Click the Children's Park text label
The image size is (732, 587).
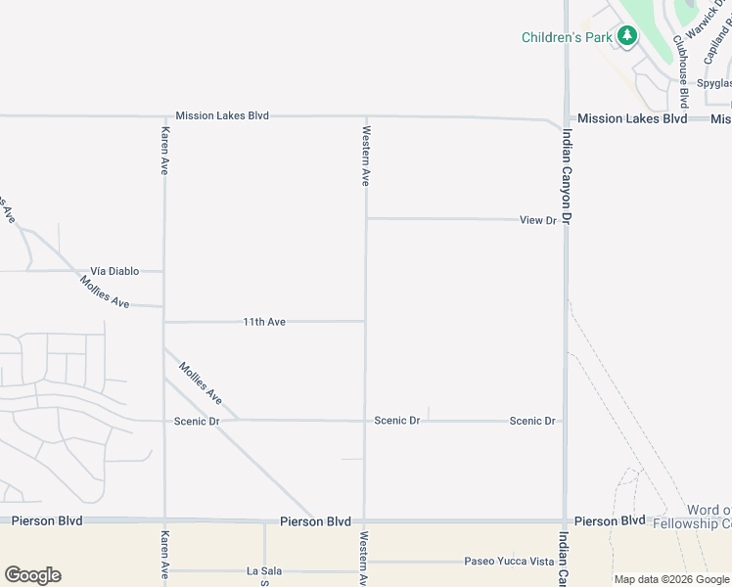click(x=567, y=37)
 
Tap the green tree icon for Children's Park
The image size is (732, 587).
click(x=626, y=37)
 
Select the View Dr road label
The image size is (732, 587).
click(x=537, y=220)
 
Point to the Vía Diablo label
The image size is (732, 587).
click(x=114, y=271)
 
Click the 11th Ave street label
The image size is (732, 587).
click(x=264, y=322)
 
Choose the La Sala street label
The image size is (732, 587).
click(x=264, y=571)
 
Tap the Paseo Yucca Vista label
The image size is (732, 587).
click(x=508, y=562)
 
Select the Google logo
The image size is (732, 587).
click(x=32, y=575)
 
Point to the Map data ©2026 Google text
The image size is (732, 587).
click(x=671, y=579)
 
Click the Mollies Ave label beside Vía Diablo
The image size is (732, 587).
click(x=106, y=293)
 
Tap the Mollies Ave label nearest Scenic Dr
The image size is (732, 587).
click(x=201, y=383)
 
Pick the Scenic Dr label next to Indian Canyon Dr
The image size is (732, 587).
click(x=532, y=421)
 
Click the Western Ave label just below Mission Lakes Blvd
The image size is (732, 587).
click(x=366, y=156)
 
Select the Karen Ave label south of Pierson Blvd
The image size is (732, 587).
click(x=164, y=557)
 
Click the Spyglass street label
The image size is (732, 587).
click(x=713, y=83)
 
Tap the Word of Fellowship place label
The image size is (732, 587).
click(x=708, y=517)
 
